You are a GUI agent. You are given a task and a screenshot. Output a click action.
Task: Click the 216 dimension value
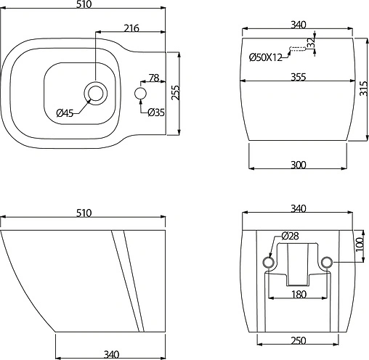pos(131,28)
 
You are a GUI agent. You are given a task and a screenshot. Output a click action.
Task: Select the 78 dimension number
pos(153,78)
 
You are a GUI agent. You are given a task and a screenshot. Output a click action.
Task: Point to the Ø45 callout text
pos(66,112)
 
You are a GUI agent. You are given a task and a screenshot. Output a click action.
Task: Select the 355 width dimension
pos(298,77)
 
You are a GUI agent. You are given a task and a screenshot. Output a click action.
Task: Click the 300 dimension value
pos(298,165)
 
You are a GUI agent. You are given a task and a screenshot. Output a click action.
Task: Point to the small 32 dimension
pos(311,43)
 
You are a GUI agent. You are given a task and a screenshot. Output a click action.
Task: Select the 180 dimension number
pos(298,294)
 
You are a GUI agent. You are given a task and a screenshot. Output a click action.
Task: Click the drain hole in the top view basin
pos(95,93)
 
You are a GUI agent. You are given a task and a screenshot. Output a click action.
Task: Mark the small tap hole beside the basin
pos(141,94)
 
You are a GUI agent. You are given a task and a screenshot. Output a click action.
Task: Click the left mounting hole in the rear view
pos(268,261)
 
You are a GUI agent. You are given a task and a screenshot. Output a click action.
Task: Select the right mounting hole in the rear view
pos(327,261)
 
